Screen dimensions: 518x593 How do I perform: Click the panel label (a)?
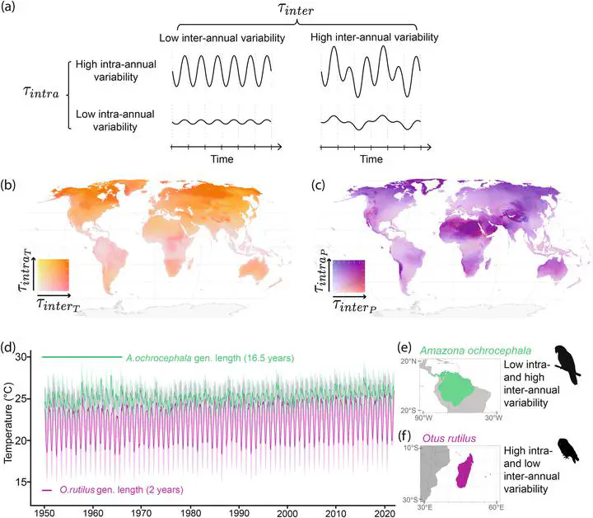pyautogui.click(x=13, y=11)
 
